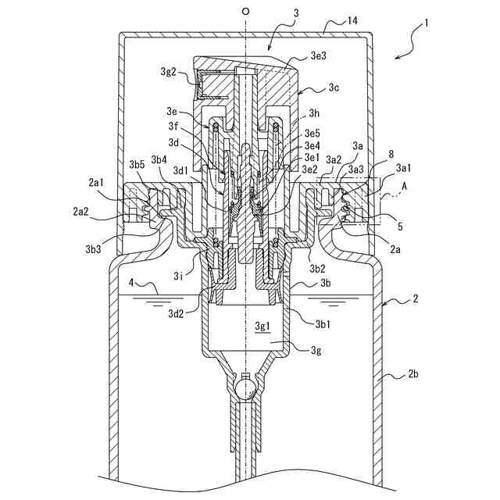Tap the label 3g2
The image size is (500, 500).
[x=173, y=72]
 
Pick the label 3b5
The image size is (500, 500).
[x=137, y=165]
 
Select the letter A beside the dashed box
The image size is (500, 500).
[x=404, y=188]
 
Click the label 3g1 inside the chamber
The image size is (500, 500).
[x=263, y=324]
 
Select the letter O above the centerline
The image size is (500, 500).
[x=245, y=12]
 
